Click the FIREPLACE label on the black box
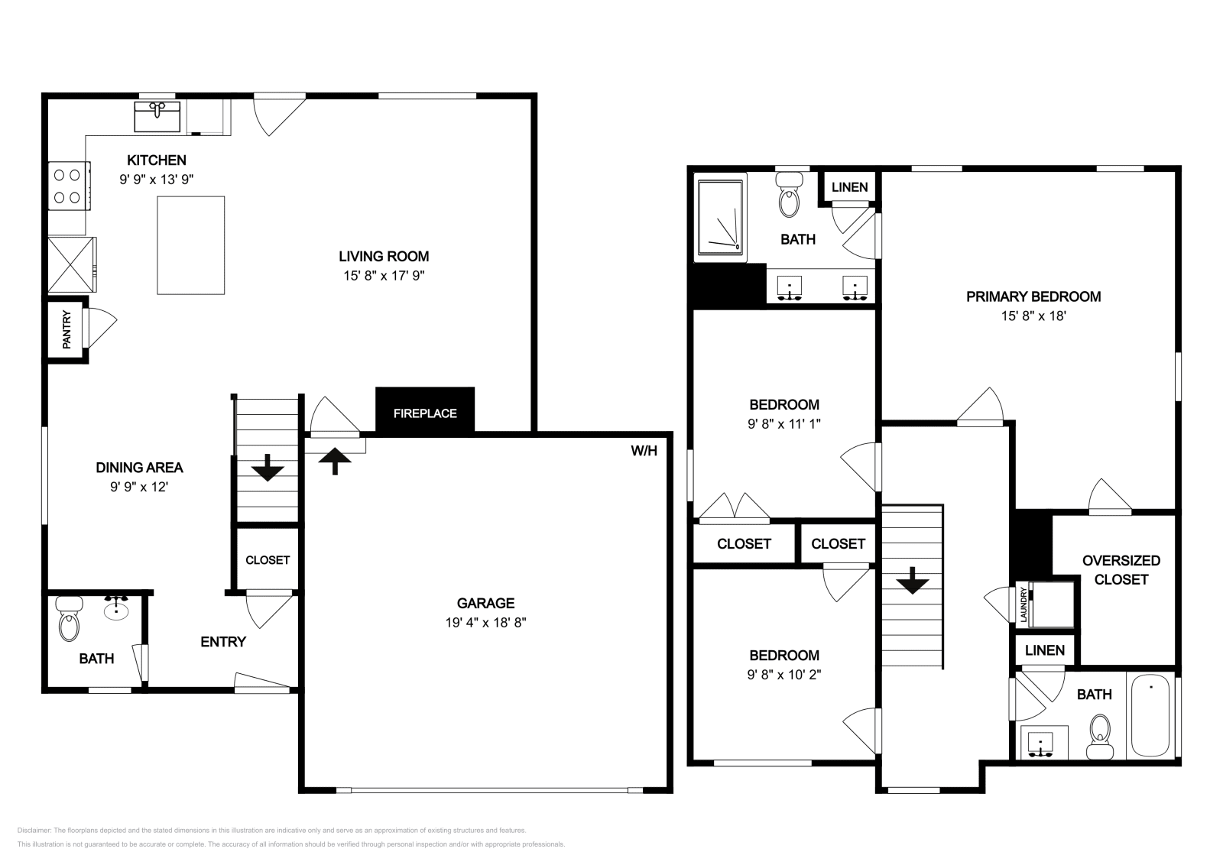(425, 413)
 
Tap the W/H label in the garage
(644, 451)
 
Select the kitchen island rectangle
(190, 245)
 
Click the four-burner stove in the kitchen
(67, 186)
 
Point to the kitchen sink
(157, 116)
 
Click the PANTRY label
(67, 329)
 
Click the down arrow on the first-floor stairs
(268, 468)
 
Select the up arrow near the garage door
(335, 461)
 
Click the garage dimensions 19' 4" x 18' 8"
(485, 622)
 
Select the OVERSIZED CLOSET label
(1121, 570)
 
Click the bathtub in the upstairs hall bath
(1150, 717)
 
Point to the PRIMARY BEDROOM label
(1033, 296)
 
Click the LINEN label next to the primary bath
(849, 187)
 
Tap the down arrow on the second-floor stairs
(913, 584)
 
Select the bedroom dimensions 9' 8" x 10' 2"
(783, 675)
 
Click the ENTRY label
(223, 642)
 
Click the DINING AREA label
(139, 468)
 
